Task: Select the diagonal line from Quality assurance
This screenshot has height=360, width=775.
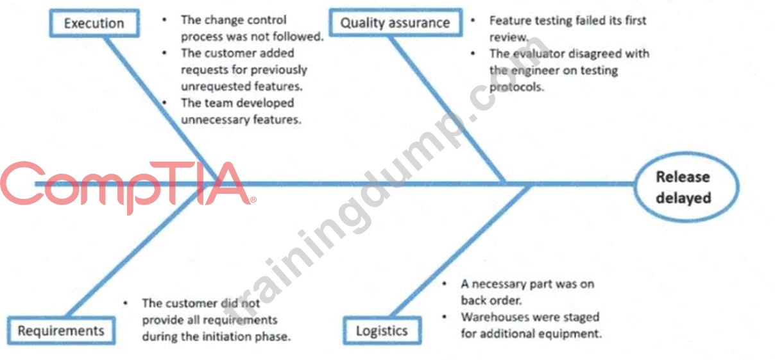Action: tap(447, 109)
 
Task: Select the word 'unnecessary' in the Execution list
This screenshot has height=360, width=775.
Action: tap(215, 120)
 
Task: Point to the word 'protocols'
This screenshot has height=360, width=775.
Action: tap(516, 87)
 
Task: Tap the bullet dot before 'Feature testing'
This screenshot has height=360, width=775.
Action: tap(473, 20)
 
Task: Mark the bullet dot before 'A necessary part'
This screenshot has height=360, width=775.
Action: tap(445, 284)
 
